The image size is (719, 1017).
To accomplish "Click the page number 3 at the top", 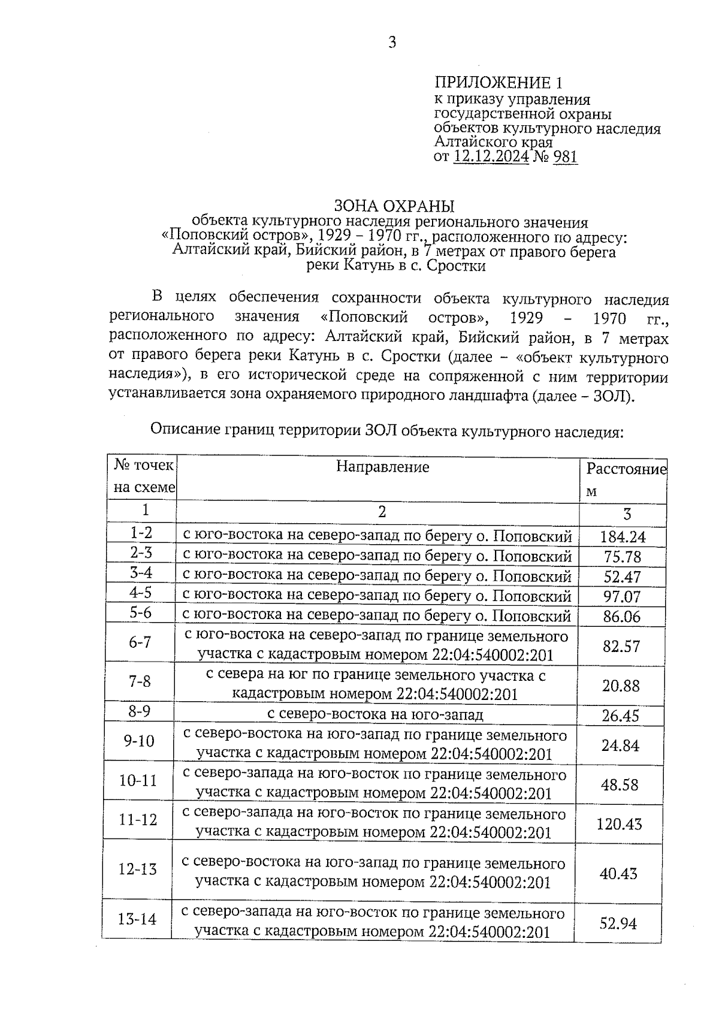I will (392, 43).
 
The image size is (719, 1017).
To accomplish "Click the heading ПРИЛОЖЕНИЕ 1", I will (499, 83).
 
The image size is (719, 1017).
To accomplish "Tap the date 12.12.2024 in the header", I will (491, 157).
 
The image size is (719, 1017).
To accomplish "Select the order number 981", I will (565, 157).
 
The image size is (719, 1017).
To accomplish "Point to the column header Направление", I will (382, 467).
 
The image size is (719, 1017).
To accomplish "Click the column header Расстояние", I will (626, 469).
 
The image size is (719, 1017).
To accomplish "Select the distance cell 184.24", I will (623, 537).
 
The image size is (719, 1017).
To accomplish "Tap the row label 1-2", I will (141, 533).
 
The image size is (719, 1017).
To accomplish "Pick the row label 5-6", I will (141, 612).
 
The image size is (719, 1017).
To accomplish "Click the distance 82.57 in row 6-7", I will (621, 646).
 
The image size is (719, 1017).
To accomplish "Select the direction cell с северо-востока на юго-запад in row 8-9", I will (375, 714).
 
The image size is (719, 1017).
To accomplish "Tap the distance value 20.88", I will (621, 685).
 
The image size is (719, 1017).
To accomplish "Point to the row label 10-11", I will (138, 780).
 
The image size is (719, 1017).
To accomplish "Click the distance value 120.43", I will (619, 824).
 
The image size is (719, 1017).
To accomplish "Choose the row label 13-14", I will (137, 918).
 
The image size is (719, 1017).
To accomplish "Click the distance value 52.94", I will (618, 924).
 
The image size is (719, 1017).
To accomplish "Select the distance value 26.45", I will (621, 716).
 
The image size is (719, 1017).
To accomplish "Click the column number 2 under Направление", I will (382, 511).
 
